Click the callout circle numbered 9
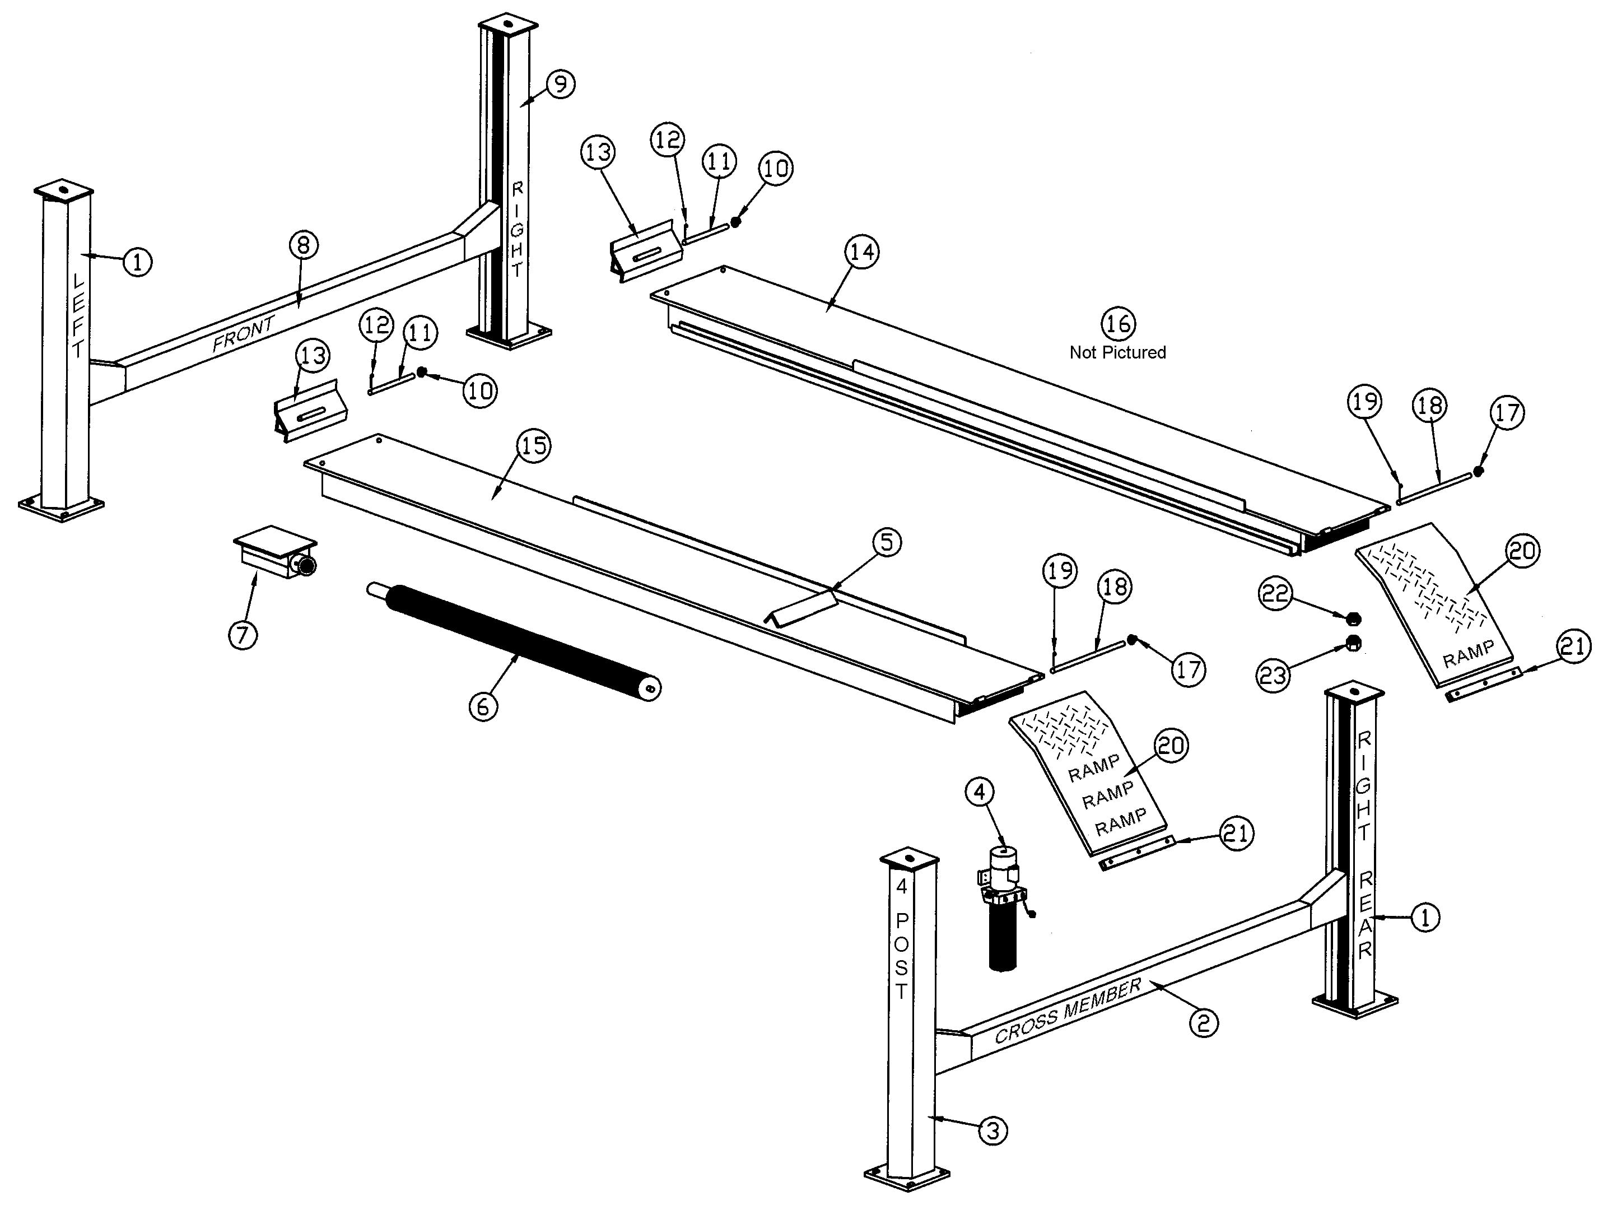point(560,84)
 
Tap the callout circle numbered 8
point(304,245)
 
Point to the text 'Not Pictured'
point(1117,352)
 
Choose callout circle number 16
point(1118,323)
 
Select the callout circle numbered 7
point(243,635)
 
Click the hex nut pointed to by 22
point(1352,618)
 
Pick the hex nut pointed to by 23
point(1352,643)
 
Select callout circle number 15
point(534,445)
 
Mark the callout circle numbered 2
point(1204,1023)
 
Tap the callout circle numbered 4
point(980,793)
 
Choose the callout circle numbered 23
point(1273,675)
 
